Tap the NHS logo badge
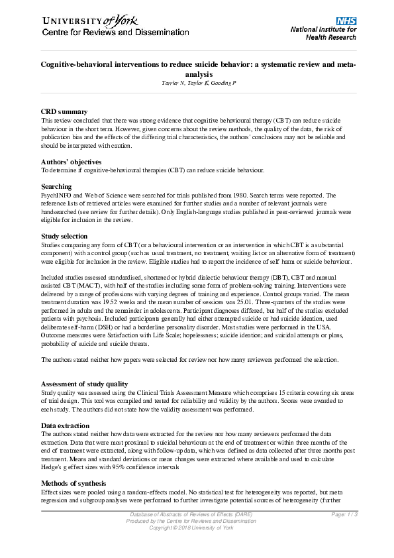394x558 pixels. pyautogui.click(x=346, y=21)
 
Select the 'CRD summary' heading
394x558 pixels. pyautogui.click(x=64, y=112)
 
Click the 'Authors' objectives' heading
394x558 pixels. pyautogui.click(x=71, y=162)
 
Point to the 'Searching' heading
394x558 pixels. pyautogui.click(x=56, y=187)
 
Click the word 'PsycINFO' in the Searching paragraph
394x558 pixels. pyautogui.click(x=56, y=196)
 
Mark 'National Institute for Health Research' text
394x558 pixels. pyautogui.click(x=323, y=34)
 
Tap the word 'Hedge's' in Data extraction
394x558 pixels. pyautogui.click(x=53, y=466)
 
